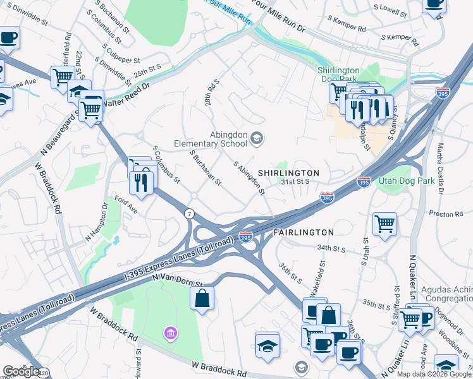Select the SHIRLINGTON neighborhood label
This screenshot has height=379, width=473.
coord(288,172)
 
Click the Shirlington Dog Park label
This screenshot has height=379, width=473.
coord(338,75)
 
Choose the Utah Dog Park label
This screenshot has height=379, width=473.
coord(406,181)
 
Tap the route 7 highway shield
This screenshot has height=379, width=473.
coord(189,214)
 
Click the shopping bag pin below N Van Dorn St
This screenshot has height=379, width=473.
coord(202,299)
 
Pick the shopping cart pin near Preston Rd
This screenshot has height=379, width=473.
coord(384,224)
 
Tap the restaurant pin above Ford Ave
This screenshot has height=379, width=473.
coord(140,183)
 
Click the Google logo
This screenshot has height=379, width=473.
coord(20,371)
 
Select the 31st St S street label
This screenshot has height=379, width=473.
coord(295,182)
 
